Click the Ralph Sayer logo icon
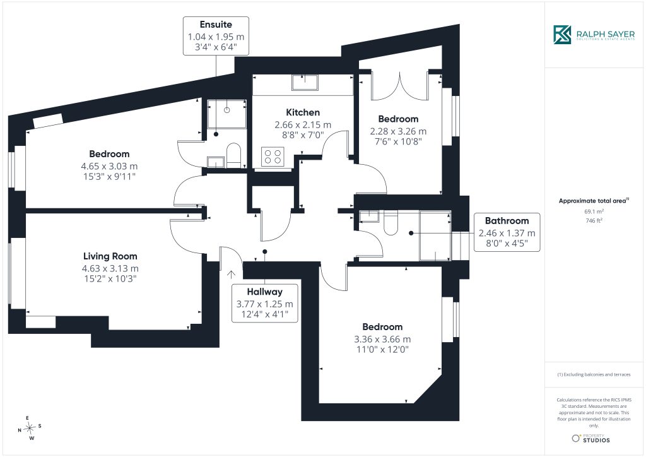562,35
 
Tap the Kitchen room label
303,112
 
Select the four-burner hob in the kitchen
273,157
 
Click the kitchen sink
305,83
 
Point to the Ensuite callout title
216,25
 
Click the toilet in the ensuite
233,155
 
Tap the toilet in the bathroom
391,223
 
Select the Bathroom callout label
507,221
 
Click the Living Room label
110,256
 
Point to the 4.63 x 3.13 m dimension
110,269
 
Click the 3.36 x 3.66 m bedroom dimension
382,340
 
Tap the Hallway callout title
264,292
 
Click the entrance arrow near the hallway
231,275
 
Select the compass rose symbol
30,429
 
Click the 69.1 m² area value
594,211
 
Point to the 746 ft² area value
594,220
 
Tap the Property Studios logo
590,439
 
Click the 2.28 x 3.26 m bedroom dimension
398,131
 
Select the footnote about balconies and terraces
594,374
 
